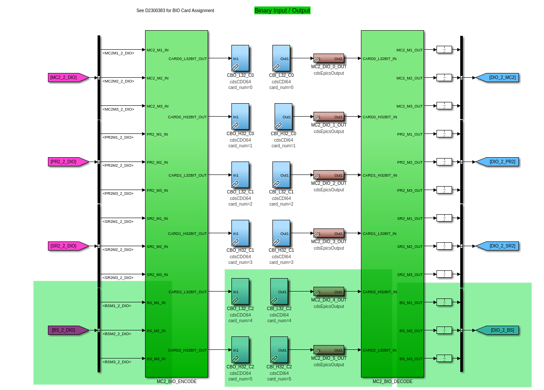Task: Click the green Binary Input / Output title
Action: coord(282,10)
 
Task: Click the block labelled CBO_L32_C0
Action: coord(240,58)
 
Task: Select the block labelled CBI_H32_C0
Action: coord(283,117)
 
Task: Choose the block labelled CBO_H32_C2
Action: coord(240,350)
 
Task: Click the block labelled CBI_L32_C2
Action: coord(279,292)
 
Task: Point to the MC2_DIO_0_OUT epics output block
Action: coord(329,58)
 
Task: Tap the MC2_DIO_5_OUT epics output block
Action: coord(329,350)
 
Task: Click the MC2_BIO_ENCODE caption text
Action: coord(177,382)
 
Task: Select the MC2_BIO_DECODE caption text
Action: coord(392,382)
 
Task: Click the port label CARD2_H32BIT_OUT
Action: coord(187,350)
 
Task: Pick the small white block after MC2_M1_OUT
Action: coord(444,50)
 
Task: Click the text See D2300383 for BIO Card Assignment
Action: coord(175,11)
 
